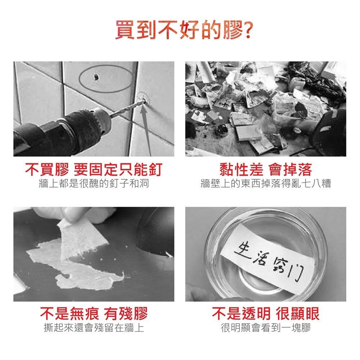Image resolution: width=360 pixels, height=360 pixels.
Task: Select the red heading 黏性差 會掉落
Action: tap(266, 170)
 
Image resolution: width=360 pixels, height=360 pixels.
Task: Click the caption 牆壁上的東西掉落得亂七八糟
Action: tap(266, 184)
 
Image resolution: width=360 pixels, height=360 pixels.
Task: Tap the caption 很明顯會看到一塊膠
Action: tap(266, 328)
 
